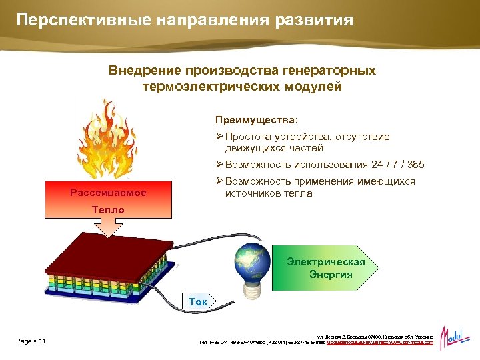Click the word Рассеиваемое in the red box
tap(108, 193)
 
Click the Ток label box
tap(198, 302)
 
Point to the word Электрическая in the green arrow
tap(326, 262)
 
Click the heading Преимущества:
tap(257, 120)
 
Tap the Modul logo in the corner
tap(455, 334)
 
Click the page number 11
tap(42, 342)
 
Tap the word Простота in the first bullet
tap(249, 137)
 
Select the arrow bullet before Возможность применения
tap(219, 181)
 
